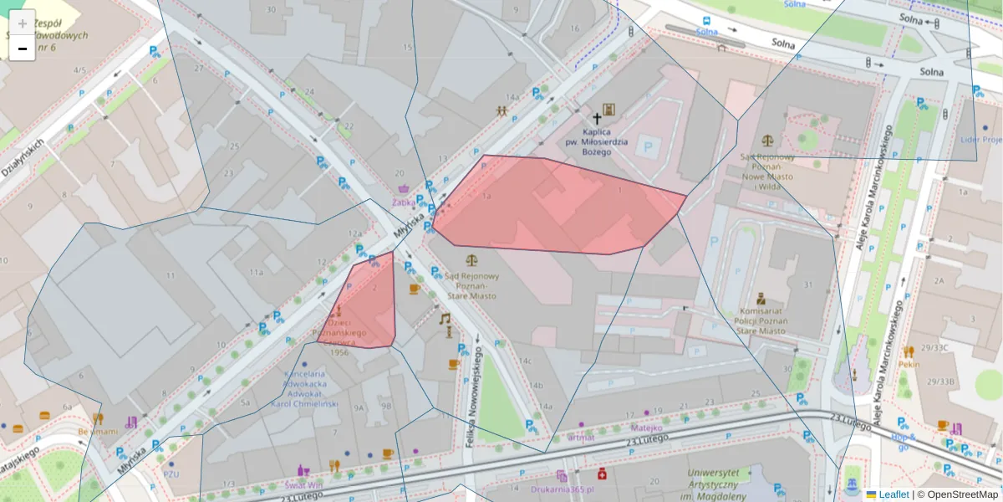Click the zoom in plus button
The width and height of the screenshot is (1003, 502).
click(23, 23)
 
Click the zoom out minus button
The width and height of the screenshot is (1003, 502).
click(23, 49)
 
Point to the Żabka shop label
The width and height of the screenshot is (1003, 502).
click(404, 202)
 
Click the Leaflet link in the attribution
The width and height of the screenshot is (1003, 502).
click(894, 494)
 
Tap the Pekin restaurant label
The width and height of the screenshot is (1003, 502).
click(909, 364)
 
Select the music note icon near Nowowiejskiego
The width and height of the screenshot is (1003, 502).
click(445, 319)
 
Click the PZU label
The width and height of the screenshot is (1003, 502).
click(171, 474)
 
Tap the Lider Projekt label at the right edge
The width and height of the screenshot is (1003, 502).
click(981, 140)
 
